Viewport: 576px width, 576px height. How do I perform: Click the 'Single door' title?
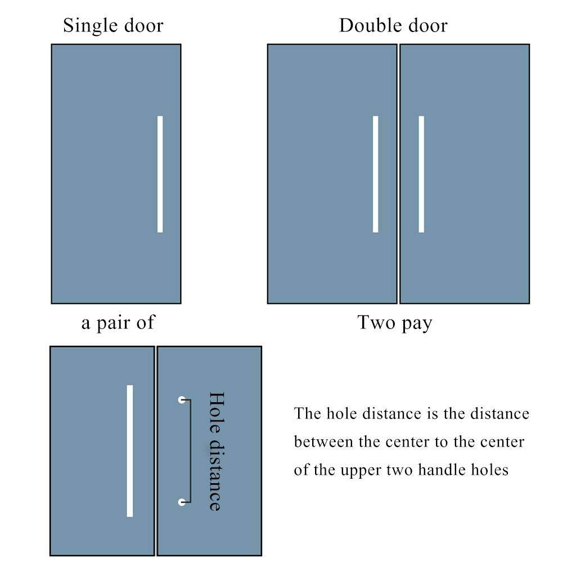tap(113, 26)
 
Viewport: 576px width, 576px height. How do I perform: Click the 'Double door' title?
tap(393, 26)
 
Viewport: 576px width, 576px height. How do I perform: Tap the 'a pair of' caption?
tap(118, 323)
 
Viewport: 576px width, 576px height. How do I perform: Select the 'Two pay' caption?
tap(395, 323)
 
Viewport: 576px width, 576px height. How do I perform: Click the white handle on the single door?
tap(160, 174)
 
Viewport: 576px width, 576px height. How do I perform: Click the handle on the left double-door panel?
tap(376, 174)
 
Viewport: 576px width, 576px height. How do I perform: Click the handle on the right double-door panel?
tap(421, 174)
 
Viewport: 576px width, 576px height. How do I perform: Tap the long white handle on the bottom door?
tap(130, 451)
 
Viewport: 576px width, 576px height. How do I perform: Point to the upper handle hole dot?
tap(182, 400)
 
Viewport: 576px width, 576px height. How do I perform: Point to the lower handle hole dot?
tap(182, 502)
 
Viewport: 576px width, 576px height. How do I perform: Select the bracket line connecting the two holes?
tap(191, 451)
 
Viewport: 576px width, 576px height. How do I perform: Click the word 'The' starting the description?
tap(307, 414)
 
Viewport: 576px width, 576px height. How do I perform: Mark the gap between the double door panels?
tap(398, 174)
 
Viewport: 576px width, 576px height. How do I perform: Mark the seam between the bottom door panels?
tap(156, 451)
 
